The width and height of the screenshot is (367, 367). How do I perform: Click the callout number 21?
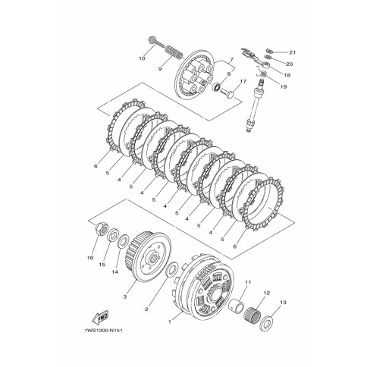[292, 52]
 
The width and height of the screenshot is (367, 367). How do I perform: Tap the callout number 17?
[243, 81]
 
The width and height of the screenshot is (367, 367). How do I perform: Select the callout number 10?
[142, 58]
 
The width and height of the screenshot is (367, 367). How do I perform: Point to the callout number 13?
[284, 303]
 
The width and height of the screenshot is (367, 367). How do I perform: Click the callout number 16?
[90, 258]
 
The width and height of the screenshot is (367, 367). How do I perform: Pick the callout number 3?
[125, 296]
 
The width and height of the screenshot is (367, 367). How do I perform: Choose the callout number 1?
[170, 322]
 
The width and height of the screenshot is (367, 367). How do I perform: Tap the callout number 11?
[248, 282]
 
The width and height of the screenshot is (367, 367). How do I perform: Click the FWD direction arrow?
[100, 317]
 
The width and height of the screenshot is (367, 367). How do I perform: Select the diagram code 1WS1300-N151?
[102, 331]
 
